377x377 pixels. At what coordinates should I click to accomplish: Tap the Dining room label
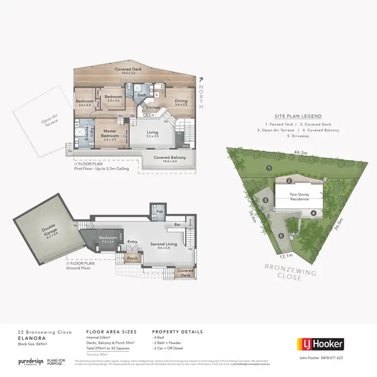pos(181,101)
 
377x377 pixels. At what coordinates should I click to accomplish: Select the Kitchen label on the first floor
pos(153,108)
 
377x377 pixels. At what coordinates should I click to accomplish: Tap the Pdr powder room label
pos(158,212)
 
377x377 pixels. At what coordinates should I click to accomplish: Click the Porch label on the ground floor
pos(132,258)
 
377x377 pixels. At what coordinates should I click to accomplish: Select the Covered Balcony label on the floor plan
pos(169,158)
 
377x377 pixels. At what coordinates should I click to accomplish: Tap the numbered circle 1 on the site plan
pos(269,168)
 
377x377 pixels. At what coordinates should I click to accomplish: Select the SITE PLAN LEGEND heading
pos(302,116)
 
